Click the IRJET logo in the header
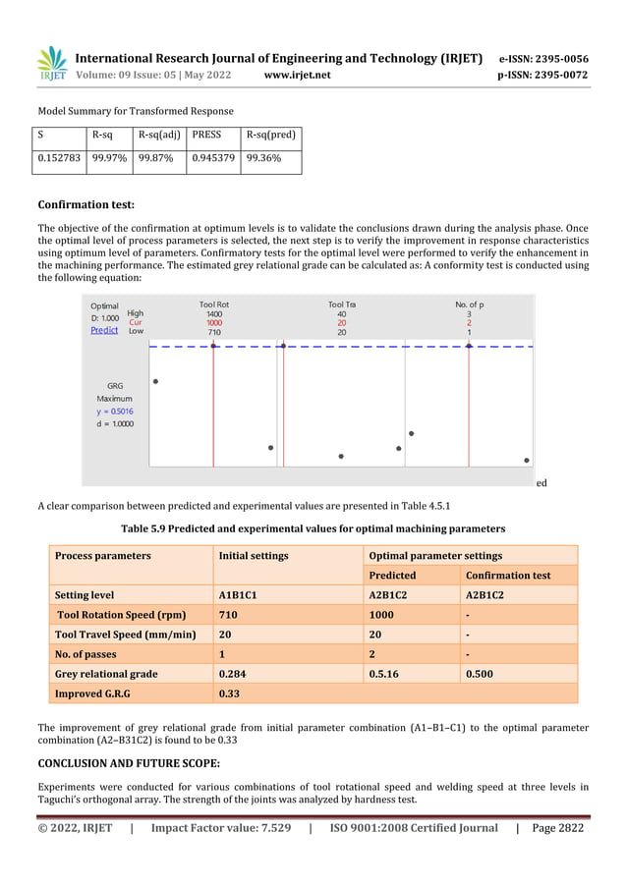[52, 65]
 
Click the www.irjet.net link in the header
[298, 75]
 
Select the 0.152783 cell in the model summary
[61, 161]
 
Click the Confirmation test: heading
[85, 205]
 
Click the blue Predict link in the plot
[104, 331]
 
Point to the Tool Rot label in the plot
[213, 305]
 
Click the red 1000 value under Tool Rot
[213, 322]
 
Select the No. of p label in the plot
[469, 305]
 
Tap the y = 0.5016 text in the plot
[116, 412]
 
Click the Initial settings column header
[254, 556]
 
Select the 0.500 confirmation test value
[480, 674]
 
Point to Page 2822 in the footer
[557, 828]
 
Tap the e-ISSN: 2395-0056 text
[543, 58]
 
